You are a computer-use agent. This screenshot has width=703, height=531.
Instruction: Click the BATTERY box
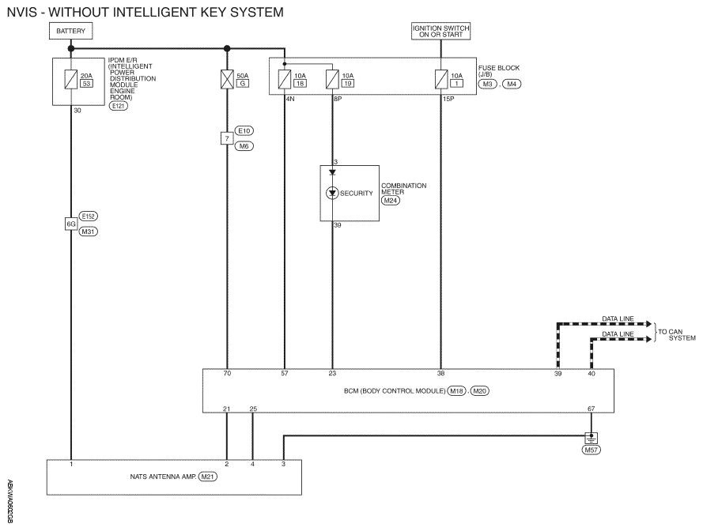pos(71,32)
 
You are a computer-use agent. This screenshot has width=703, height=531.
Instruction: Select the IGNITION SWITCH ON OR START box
pos(440,32)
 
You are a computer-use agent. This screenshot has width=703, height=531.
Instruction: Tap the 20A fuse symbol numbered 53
pos(71,77)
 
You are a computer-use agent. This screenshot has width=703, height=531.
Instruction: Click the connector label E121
pos(118,106)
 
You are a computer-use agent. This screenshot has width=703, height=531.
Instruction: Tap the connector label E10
pos(244,130)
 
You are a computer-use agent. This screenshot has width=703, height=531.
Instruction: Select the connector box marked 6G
pos(70,224)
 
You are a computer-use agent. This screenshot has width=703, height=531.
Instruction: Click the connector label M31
pos(89,232)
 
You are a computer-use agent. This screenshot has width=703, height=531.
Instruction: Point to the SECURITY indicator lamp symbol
pos(332,193)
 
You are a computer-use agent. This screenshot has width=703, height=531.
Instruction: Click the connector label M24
pos(391,201)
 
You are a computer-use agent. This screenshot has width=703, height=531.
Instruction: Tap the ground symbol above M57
pos(591,437)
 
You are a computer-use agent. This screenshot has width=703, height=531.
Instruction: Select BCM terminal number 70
pos(228,373)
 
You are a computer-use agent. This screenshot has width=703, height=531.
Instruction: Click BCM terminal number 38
pos(440,373)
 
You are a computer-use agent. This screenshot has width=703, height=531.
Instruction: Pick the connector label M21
pos(208,476)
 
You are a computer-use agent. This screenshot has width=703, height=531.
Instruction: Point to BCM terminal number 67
pos(591,408)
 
